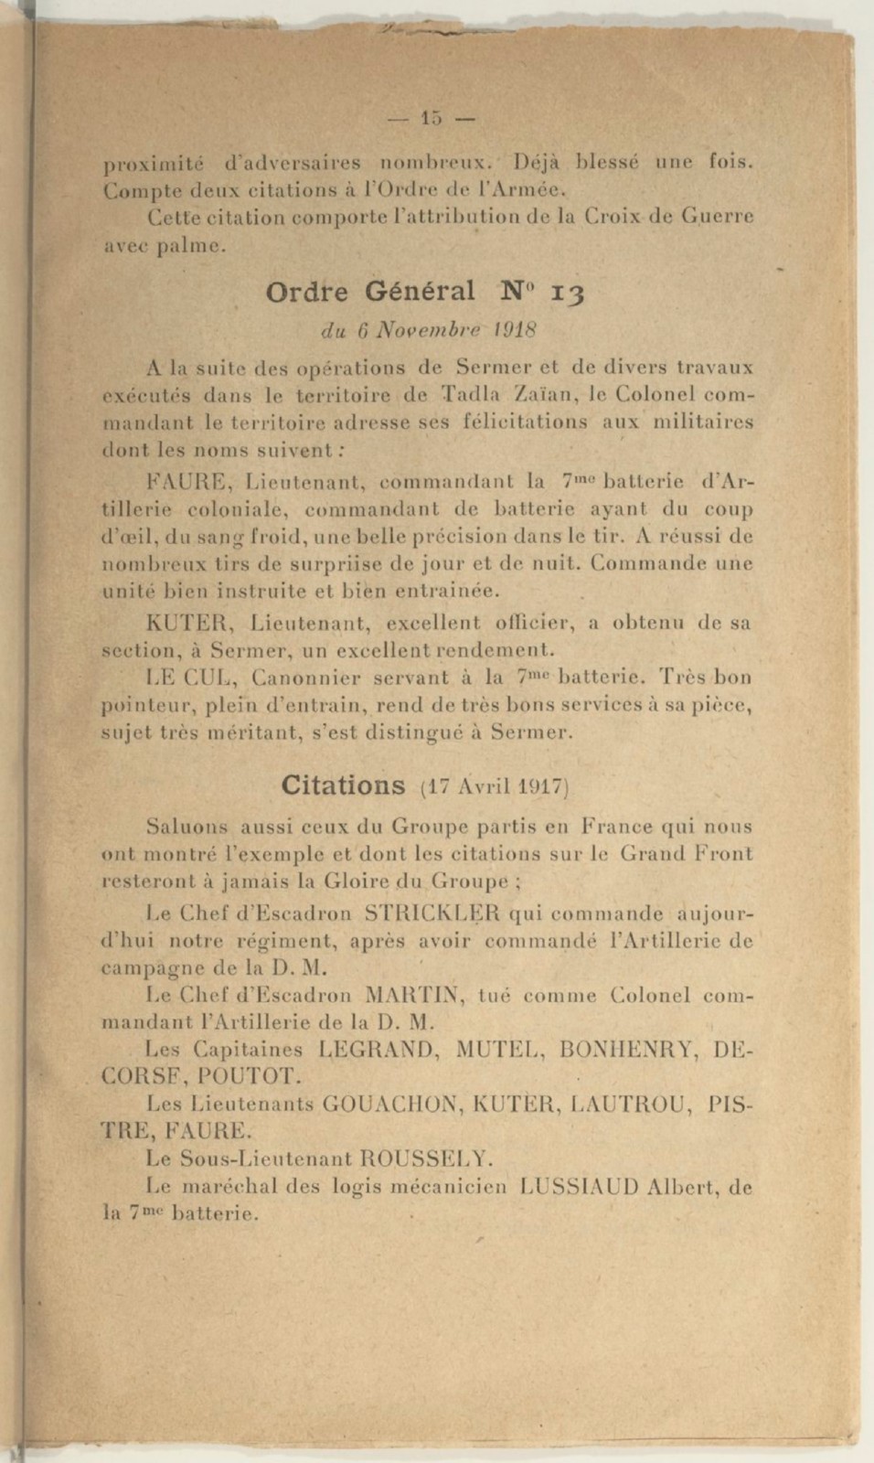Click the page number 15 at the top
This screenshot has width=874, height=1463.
431,118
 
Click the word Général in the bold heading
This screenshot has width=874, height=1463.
420,292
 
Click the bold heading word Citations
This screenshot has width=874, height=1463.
343,785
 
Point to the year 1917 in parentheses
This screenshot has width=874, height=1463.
543,786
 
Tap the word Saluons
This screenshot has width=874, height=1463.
187,828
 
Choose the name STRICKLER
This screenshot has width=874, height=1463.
432,913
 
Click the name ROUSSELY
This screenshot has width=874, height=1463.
427,1159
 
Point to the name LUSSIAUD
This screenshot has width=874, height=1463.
578,1188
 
